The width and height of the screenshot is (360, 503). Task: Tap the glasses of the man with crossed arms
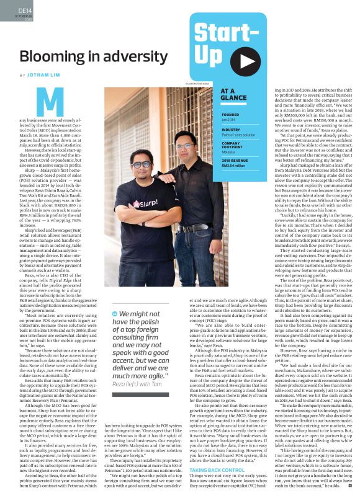coord(141,165)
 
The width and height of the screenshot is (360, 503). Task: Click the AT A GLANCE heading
coord(234,94)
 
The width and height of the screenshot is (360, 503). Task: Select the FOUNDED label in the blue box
coord(230,115)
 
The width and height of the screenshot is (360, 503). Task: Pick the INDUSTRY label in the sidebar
coord(231,129)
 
